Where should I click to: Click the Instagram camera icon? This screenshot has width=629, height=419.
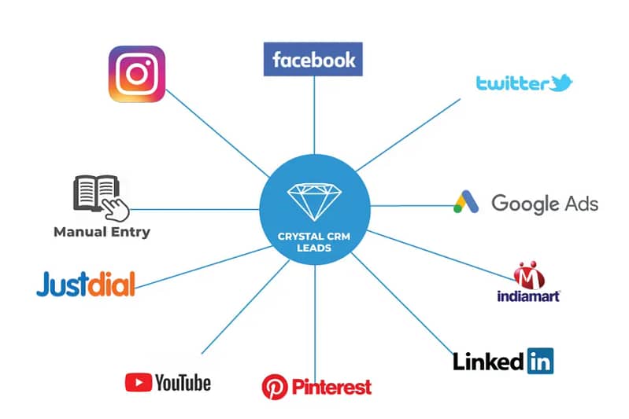pos(137,74)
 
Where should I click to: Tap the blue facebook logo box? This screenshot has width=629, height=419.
pos(313,59)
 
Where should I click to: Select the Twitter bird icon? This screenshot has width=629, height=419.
pos(561,83)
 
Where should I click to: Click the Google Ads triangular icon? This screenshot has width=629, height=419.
pos(466,201)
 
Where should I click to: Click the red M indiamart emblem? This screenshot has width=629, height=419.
pos(529,275)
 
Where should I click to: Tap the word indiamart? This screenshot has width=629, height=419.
pos(528,296)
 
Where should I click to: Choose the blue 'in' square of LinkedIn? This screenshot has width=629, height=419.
pos(540,361)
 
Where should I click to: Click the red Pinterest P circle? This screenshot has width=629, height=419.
pos(275,387)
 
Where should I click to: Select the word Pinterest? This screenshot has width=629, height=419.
pos(331,388)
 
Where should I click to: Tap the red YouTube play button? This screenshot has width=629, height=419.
pos(139,382)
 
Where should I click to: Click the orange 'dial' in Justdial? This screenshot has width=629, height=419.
pos(111,284)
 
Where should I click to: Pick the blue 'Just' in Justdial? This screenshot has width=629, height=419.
pos(62,284)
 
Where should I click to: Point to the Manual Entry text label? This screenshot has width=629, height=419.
pos(102,232)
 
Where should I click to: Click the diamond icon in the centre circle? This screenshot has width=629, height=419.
pos(314,202)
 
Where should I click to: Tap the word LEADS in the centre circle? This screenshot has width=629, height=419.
pos(314,248)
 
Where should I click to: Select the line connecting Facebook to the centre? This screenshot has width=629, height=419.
pos(314,115)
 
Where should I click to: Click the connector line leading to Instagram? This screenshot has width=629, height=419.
pos(217,133)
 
